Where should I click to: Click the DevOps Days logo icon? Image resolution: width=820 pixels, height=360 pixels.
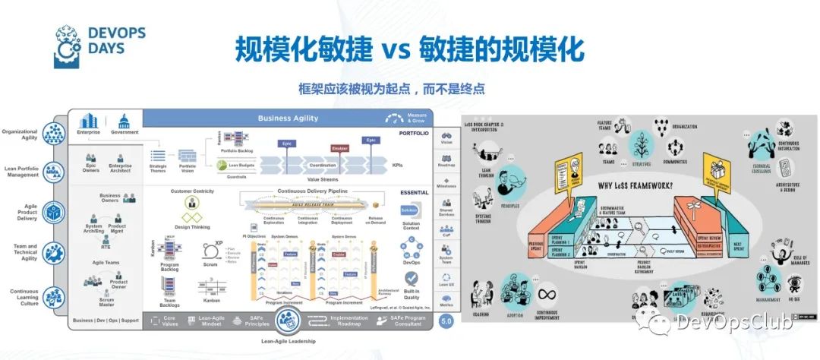pos(68,47)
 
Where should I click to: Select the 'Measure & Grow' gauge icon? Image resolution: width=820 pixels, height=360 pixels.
pos(393,118)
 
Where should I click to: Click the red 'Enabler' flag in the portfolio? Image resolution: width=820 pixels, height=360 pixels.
pos(339,149)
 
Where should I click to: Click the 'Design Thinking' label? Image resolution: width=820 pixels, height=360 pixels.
pos(191,226)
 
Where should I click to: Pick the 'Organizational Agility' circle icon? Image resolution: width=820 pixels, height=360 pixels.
pos(54,134)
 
